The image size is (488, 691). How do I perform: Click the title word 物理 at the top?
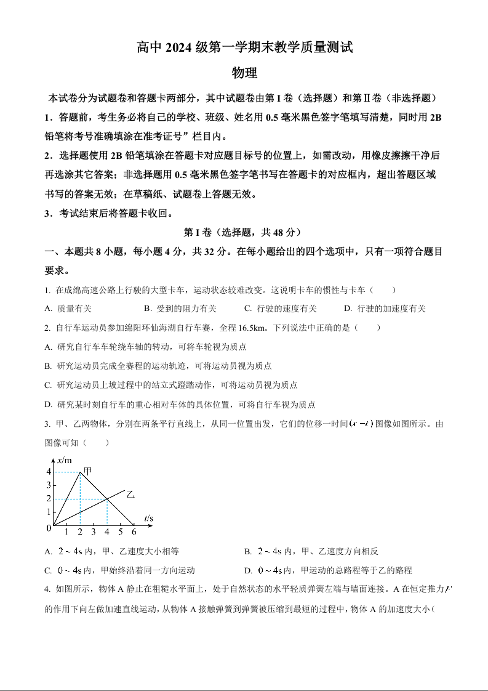[244, 73]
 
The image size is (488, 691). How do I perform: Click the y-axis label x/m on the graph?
[64, 460]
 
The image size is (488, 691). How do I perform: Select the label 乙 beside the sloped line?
[130, 494]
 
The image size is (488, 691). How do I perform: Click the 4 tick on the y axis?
[48, 472]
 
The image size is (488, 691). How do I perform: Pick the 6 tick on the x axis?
[134, 532]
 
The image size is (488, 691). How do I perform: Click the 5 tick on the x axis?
[120, 532]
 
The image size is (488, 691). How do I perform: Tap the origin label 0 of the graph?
[48, 528]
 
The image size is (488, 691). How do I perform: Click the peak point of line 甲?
[80, 472]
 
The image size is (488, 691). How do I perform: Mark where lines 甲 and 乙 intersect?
[107, 499]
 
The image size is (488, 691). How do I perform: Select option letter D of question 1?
[347, 309]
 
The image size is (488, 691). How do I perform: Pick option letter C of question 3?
[48, 570]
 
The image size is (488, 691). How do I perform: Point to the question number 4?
[47, 589]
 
